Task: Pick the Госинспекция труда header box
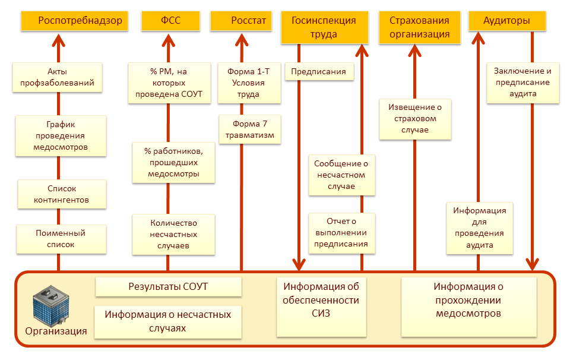point(324,28)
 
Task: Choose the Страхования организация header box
point(419,28)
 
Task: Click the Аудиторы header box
point(506,21)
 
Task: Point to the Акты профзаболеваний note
point(58,77)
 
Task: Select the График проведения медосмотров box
point(61,135)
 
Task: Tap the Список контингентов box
point(61,194)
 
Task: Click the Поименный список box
point(61,239)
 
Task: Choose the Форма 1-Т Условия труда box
point(249,83)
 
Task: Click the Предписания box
point(319,72)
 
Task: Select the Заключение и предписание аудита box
point(523,83)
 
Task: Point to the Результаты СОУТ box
point(168,287)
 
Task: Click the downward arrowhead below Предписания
point(299,264)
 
